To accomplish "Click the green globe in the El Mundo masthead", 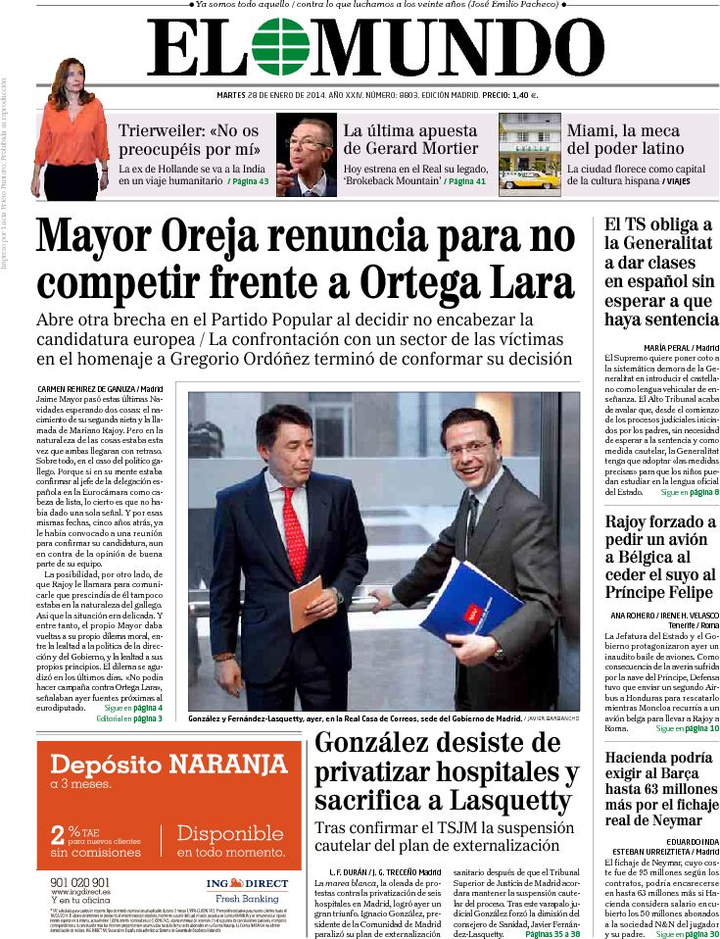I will pos(280,47).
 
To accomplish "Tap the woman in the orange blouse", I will pos(71,127).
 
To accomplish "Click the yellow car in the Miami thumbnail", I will pos(529,179).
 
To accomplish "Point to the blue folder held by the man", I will pos(470,600).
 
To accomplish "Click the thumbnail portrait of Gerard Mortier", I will pos(306,155).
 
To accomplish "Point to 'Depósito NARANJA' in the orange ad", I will pos(168,765).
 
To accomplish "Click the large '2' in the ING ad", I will pos(58,836).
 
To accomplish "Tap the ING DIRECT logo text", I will pos(247,883).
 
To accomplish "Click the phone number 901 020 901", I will pos(79,882).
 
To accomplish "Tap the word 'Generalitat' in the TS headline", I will pos(657,243).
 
